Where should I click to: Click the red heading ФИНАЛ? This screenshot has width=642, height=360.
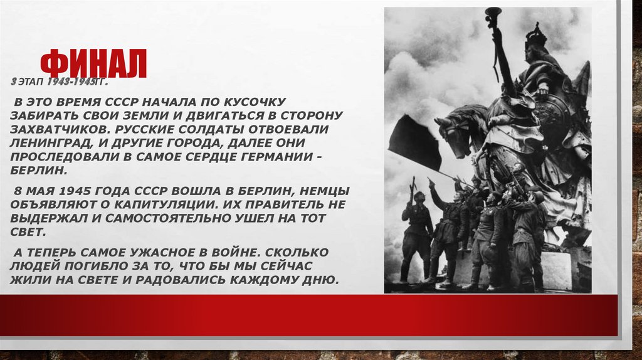point(93,65)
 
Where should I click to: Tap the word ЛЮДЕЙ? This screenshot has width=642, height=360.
point(32,266)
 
